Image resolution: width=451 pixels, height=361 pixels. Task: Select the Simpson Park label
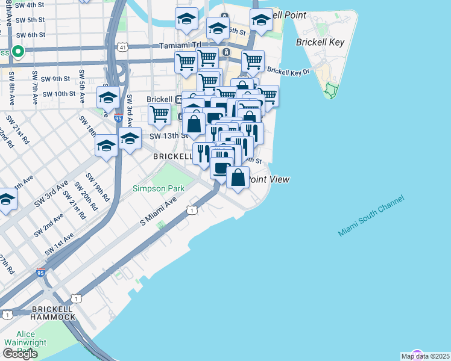point(159,188)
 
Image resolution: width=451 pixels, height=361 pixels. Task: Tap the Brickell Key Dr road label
point(288,71)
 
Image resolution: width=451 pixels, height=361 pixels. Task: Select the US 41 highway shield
point(123,46)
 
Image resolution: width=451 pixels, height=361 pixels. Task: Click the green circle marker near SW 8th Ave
point(17,52)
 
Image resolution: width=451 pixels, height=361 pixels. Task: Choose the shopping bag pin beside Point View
point(238,177)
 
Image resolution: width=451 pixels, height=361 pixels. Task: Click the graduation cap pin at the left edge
point(6,201)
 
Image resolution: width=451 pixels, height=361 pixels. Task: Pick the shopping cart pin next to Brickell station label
point(159,113)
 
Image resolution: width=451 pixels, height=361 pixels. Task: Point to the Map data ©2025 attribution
point(425,356)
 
